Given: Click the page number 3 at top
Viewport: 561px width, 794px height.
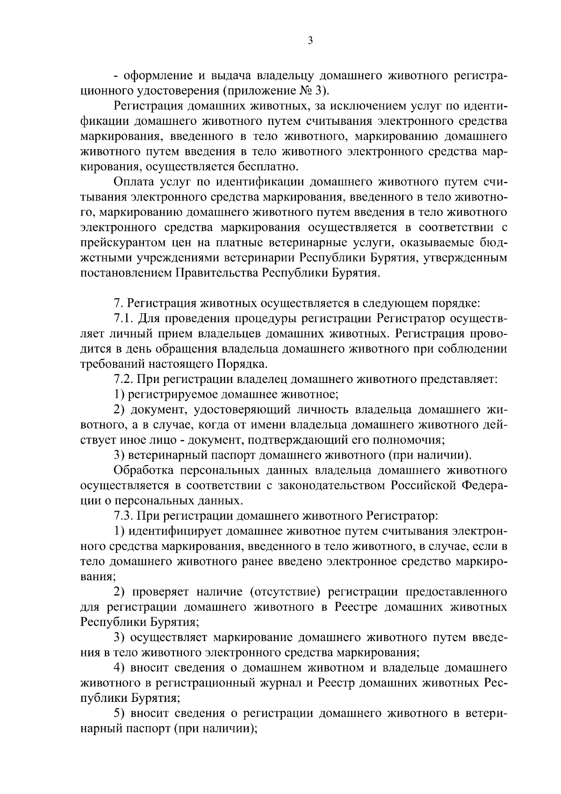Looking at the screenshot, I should tap(310, 41).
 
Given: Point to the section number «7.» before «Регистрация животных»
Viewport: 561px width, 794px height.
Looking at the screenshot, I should tap(118, 303).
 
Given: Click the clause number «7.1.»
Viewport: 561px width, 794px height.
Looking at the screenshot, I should tap(124, 319).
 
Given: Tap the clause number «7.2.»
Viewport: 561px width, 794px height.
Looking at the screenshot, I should tap(124, 380).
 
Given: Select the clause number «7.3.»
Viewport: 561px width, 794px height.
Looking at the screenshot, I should tap(124, 517).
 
